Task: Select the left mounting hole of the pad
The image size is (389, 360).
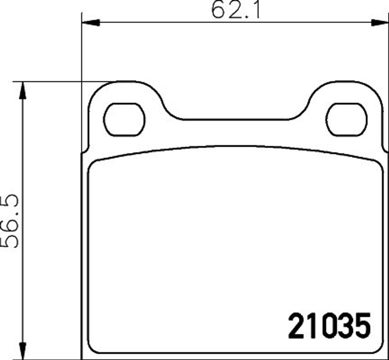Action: click(x=124, y=120)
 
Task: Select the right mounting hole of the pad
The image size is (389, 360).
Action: click(x=346, y=120)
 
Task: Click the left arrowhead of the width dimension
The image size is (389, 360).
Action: click(x=91, y=22)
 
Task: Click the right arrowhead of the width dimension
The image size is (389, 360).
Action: click(x=380, y=22)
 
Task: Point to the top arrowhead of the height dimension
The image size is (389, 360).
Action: click(x=23, y=90)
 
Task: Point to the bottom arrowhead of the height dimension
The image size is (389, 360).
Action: click(x=23, y=351)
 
